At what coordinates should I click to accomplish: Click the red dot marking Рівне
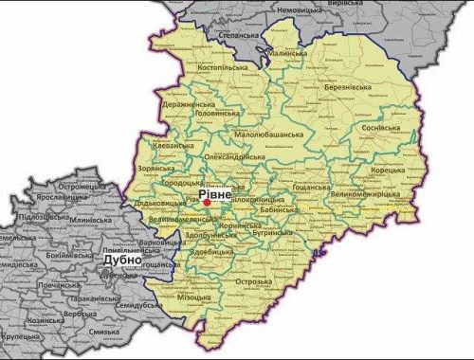point(207,202)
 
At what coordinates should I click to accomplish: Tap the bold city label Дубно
point(122,259)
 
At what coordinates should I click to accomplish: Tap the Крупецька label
point(23,336)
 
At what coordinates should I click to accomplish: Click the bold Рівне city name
point(214,194)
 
